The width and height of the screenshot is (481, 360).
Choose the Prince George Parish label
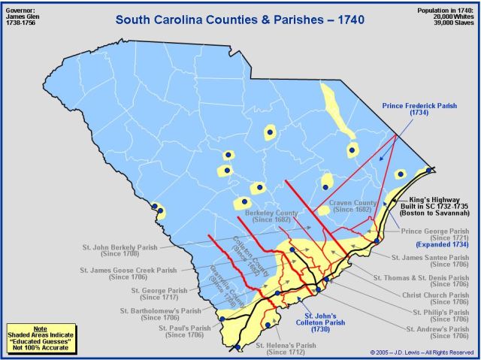[435, 236]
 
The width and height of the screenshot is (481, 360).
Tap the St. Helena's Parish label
[283, 348]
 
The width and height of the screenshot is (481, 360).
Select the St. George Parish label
[161, 293]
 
